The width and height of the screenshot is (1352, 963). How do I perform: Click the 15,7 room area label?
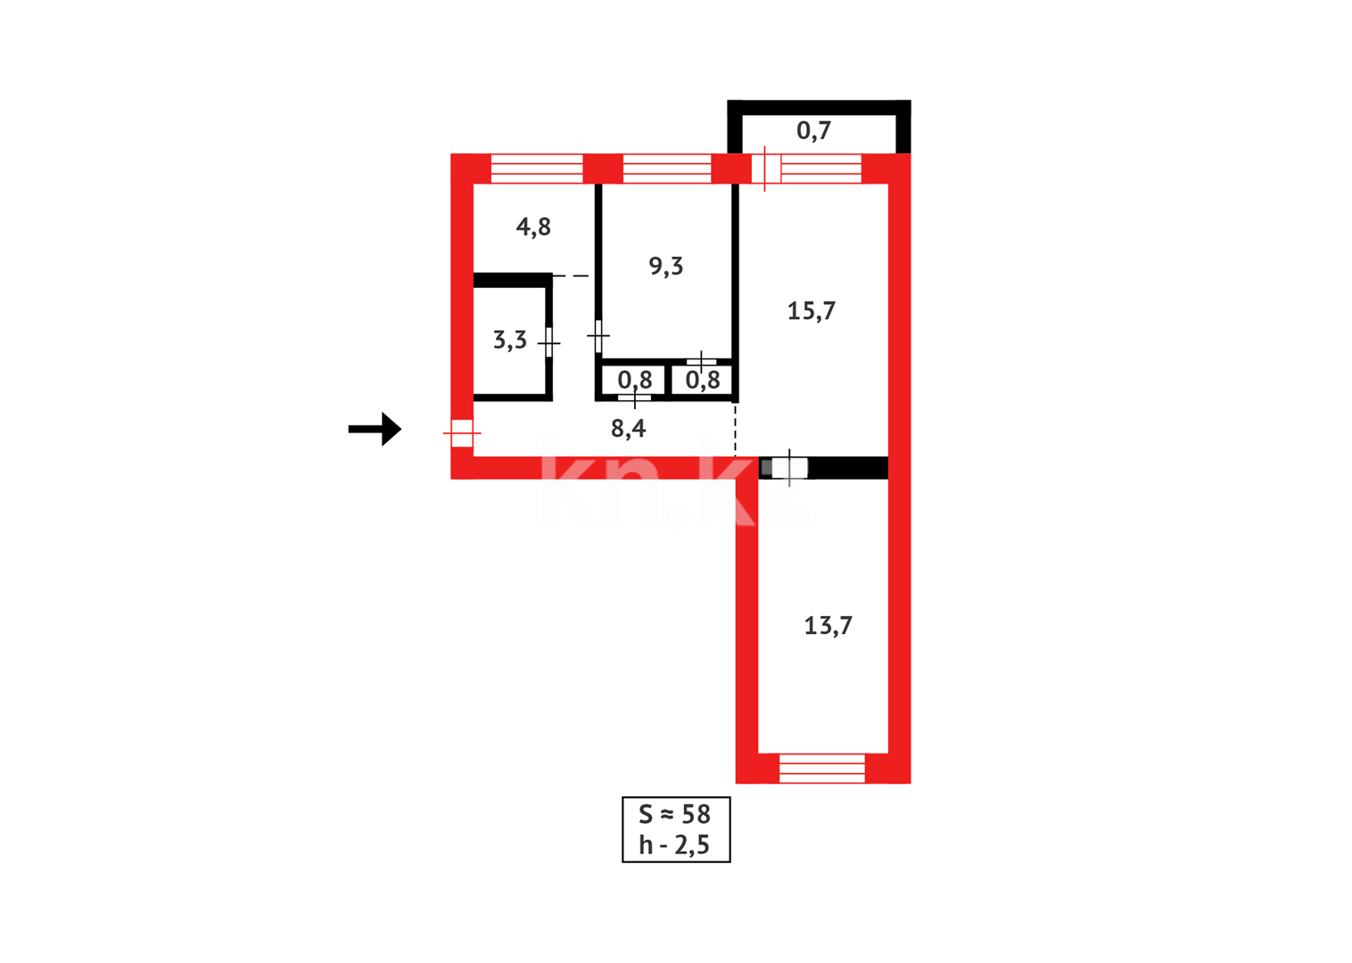click(x=811, y=311)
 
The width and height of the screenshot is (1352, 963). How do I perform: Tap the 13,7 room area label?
click(x=828, y=626)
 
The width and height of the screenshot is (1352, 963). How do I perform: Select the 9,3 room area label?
click(x=665, y=266)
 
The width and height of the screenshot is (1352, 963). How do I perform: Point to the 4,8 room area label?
click(x=533, y=227)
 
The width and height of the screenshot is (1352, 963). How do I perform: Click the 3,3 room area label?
click(x=509, y=340)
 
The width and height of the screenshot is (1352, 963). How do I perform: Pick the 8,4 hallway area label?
click(x=628, y=429)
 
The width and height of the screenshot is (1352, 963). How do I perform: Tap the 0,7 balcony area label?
click(x=813, y=131)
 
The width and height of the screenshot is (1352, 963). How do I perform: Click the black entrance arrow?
click(x=375, y=429)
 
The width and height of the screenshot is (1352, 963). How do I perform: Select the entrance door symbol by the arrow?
click(x=462, y=433)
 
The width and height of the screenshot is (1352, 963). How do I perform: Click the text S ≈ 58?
click(x=675, y=814)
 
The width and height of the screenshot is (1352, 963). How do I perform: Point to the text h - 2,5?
click(x=675, y=844)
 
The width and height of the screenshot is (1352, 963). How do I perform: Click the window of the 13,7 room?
click(x=821, y=768)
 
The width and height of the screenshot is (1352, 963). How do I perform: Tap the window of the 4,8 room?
click(x=537, y=169)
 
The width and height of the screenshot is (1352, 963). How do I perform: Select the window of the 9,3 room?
click(x=666, y=169)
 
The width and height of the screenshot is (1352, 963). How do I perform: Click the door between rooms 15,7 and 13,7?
click(x=789, y=467)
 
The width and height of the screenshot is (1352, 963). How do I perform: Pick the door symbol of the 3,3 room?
click(x=549, y=342)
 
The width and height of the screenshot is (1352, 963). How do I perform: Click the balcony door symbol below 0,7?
click(x=766, y=169)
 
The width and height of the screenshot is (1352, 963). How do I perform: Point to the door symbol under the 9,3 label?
click(x=702, y=362)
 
